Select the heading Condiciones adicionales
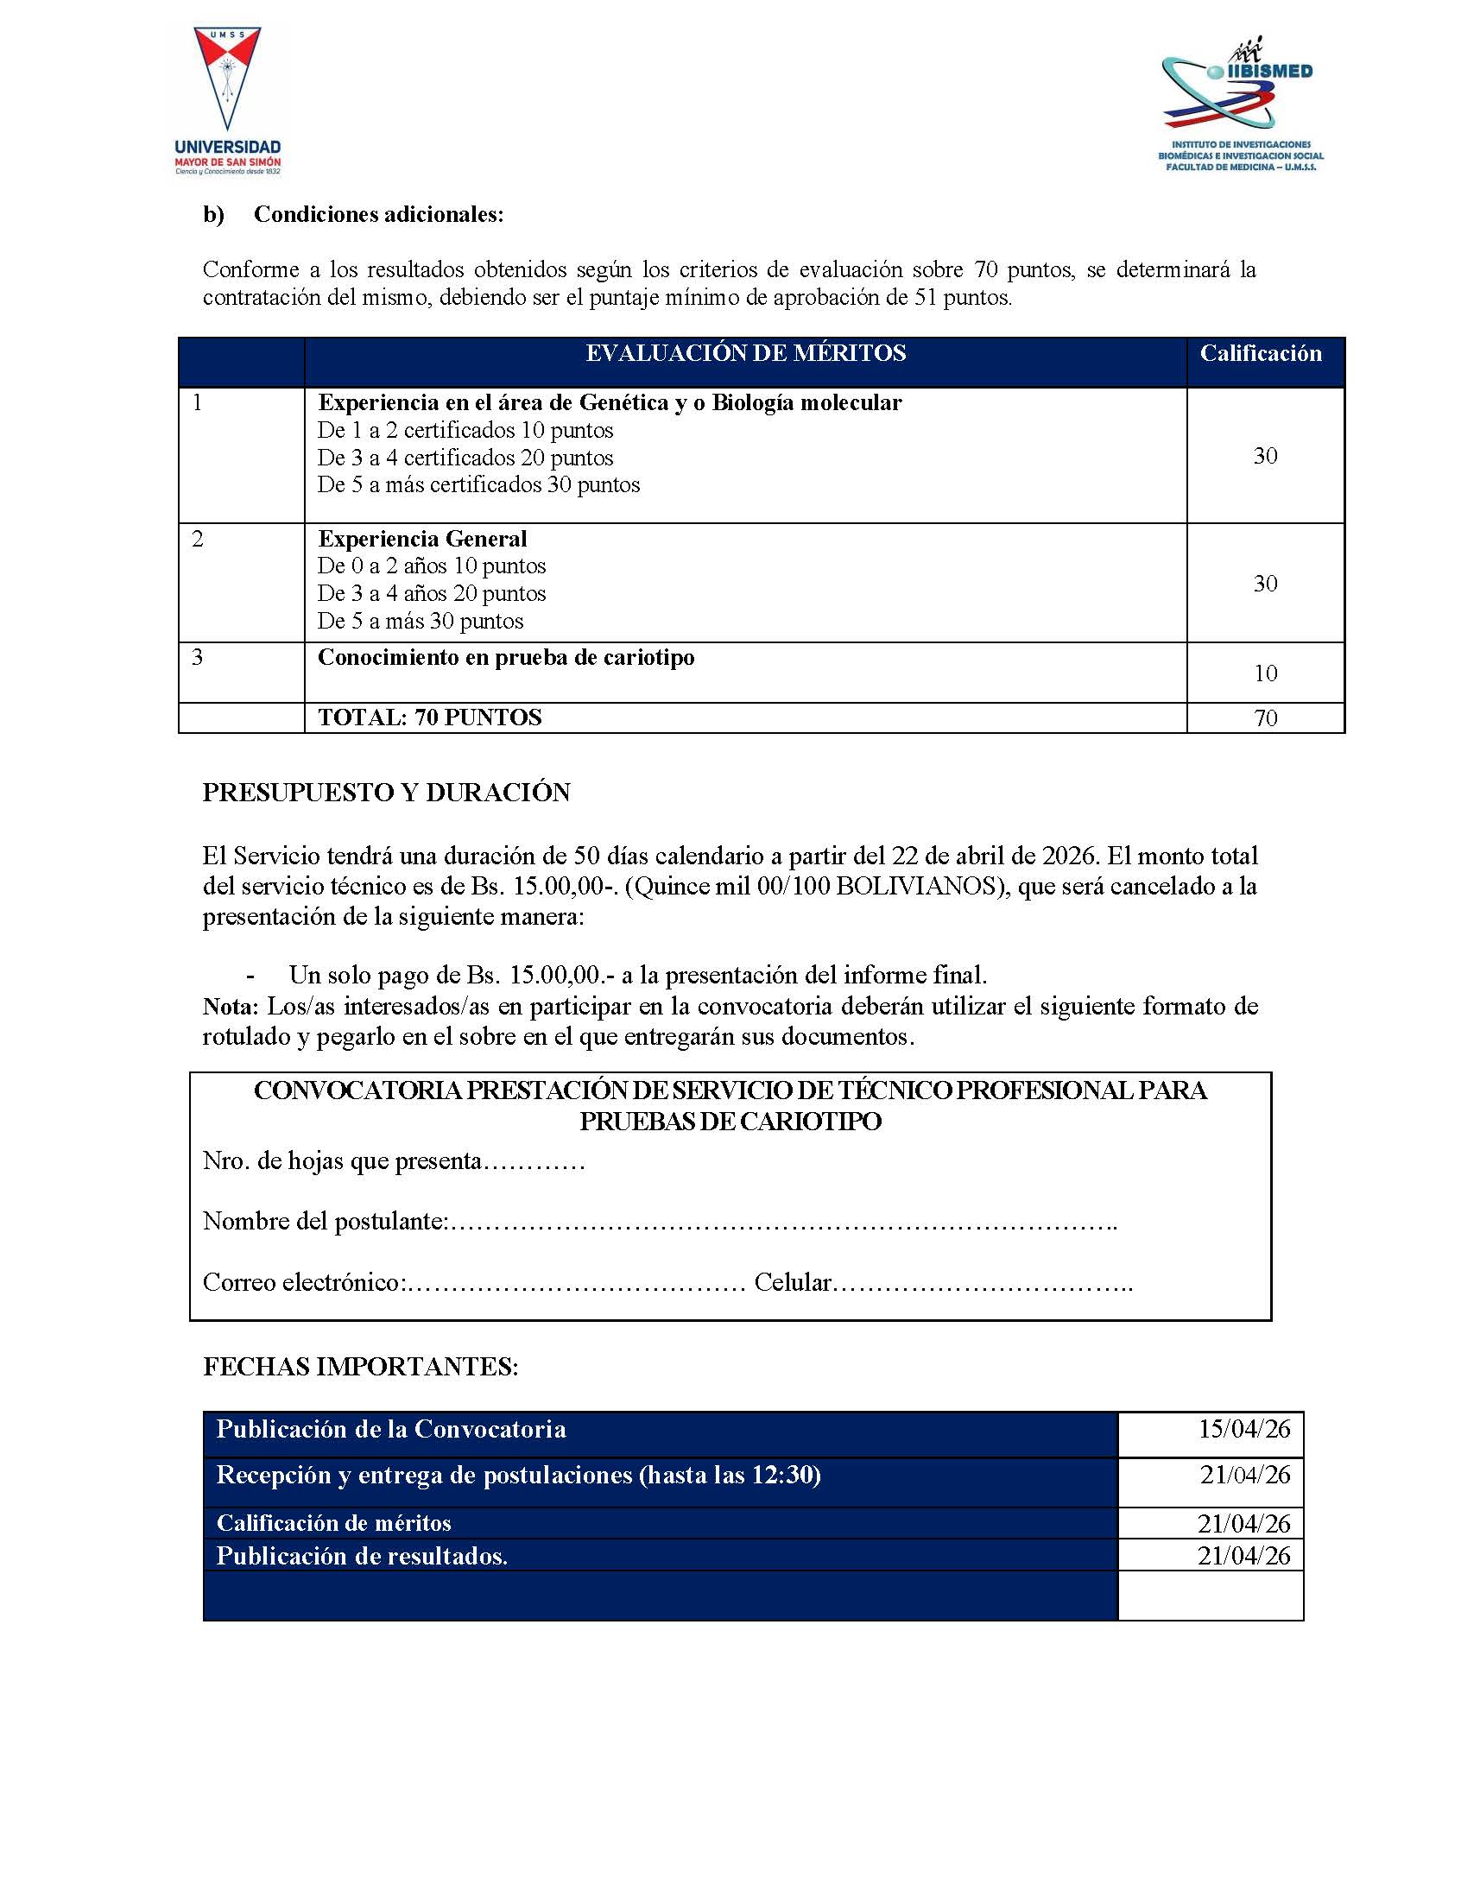pos(378,215)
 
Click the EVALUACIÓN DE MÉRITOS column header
pos(745,354)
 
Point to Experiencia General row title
pos(422,539)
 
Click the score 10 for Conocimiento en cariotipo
pos(1265,673)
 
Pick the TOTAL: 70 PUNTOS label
pos(429,717)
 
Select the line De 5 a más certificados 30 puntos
pos(478,484)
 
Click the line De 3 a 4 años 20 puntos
pos(431,594)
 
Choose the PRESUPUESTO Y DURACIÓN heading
pos(386,793)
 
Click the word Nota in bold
pos(230,1007)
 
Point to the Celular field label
pos(792,1282)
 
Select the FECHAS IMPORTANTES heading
pos(360,1368)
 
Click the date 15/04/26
pos(1243,1429)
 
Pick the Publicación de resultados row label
pos(362,1556)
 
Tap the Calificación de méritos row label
pos(333,1523)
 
